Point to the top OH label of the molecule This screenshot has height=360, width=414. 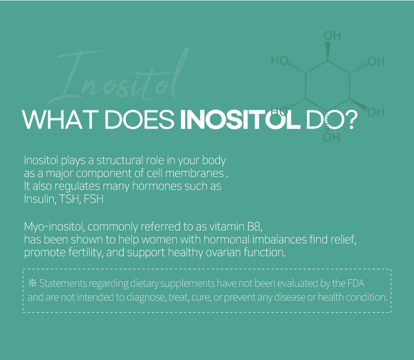[332, 36]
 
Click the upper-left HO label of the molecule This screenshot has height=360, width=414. [279, 61]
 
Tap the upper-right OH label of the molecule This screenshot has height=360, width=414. [376, 62]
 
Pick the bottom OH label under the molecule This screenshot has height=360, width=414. [332, 138]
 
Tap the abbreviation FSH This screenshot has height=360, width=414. [93, 199]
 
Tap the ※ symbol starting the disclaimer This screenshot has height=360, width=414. [33, 283]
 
